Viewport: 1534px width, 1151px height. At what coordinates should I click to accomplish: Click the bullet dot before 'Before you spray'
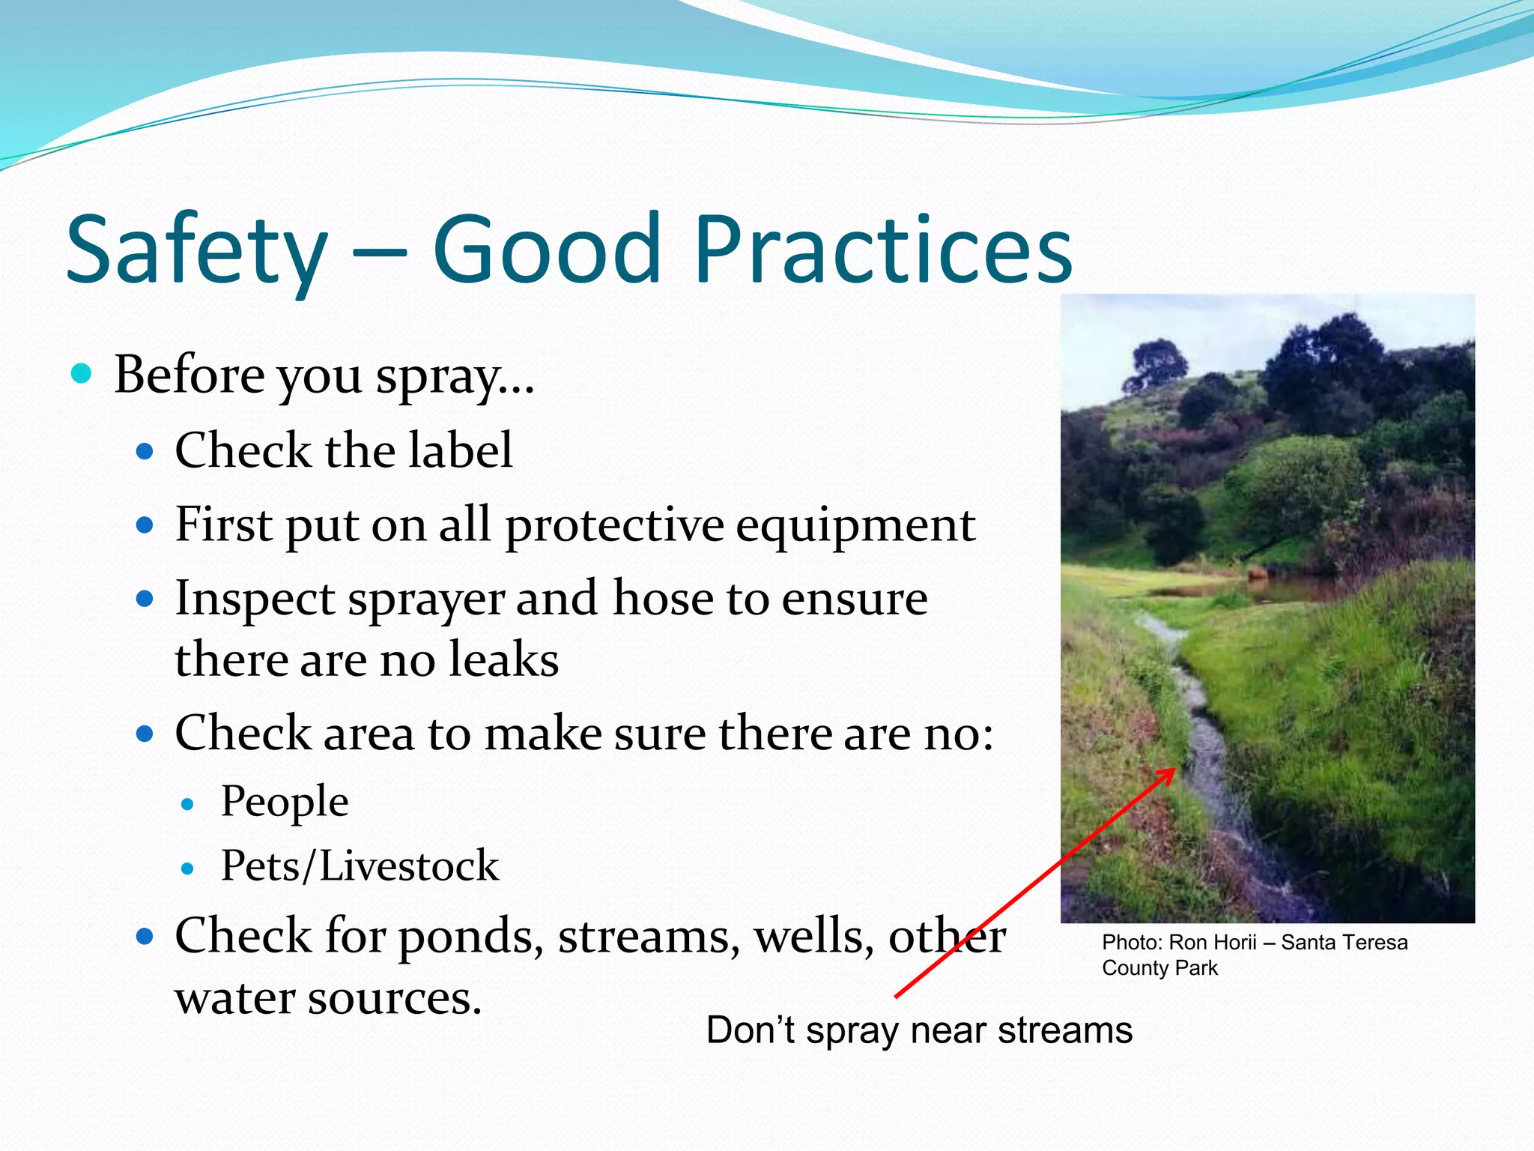[81, 372]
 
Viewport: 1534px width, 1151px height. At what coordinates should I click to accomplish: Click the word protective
[614, 526]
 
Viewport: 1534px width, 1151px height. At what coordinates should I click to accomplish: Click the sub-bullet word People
[285, 802]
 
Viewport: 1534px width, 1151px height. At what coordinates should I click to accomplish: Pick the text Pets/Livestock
[360, 866]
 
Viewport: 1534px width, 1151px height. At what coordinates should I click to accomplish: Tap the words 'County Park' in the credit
[1159, 968]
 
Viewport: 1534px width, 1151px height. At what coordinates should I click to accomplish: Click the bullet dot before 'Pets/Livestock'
[187, 868]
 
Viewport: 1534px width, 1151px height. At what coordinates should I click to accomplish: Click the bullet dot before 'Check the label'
[145, 451]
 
